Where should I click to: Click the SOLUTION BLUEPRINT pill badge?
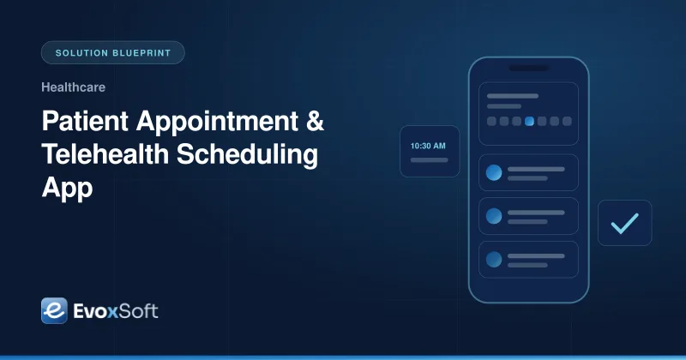click(113, 52)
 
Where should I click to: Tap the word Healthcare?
click(73, 87)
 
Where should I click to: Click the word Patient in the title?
click(85, 121)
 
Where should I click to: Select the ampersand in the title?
click(315, 121)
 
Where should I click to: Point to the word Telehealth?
click(105, 154)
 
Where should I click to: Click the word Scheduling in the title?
click(247, 155)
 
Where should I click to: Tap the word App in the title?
click(67, 189)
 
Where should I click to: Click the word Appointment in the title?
click(217, 122)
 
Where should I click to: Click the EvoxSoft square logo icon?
click(54, 310)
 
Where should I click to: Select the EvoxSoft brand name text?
click(116, 311)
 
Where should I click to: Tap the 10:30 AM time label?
click(428, 146)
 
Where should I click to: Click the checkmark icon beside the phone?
click(625, 223)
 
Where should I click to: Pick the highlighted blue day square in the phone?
click(529, 121)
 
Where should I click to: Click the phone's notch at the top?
click(529, 69)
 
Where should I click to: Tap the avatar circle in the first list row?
click(494, 173)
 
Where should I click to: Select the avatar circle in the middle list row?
click(494, 216)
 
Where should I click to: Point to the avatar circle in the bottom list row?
click(494, 260)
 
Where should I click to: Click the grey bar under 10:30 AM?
click(430, 160)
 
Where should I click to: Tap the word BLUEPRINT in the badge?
click(141, 53)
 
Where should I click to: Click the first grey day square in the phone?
click(491, 121)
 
